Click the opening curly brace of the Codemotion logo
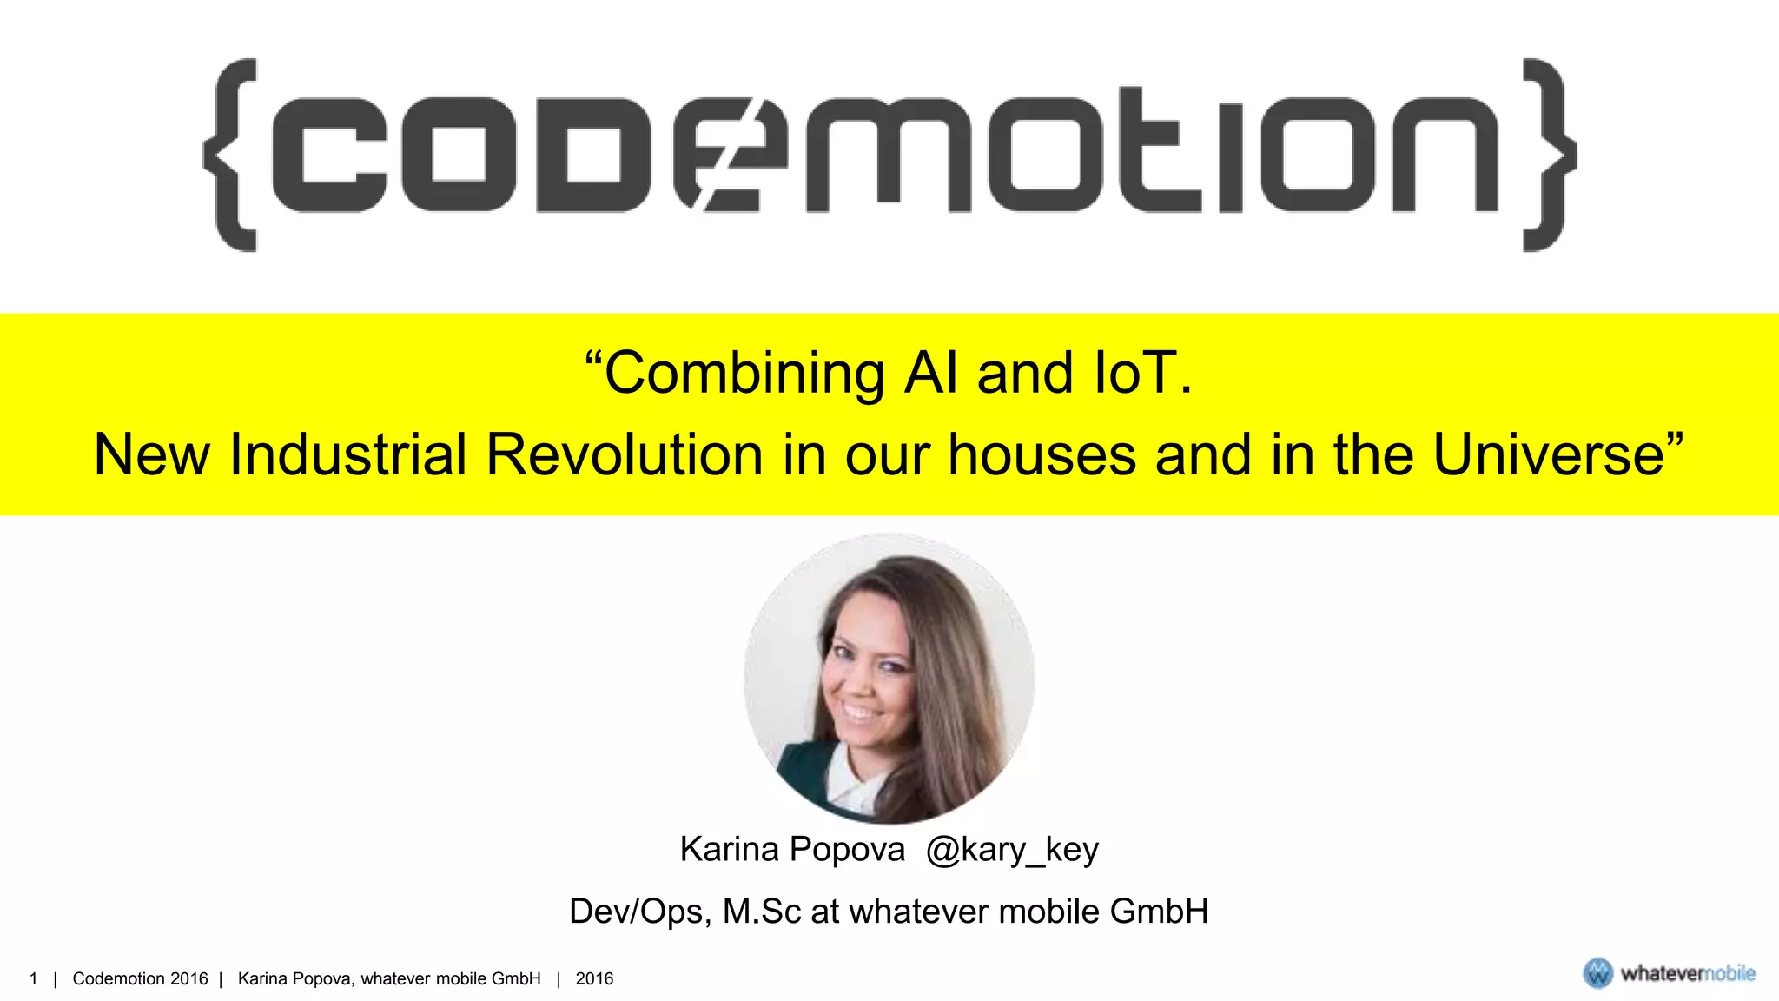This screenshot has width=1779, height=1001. coord(231,156)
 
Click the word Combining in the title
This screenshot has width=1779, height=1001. coord(744,374)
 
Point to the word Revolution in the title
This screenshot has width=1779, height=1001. coord(624,454)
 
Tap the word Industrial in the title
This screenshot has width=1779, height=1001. coord(348,454)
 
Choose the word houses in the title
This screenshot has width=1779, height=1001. coord(1042,454)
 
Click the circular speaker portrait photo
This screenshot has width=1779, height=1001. coord(889,679)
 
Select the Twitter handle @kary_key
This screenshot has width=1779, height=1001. coord(1012,850)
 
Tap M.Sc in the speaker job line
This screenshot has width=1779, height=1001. coord(762,912)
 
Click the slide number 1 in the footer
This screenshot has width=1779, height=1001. coord(34,979)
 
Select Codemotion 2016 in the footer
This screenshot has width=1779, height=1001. coord(140,979)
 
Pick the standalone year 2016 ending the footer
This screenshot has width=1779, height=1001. coord(594,979)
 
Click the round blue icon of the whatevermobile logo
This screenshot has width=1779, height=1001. coord(1597,973)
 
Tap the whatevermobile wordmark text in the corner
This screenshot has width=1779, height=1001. coord(1688,974)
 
